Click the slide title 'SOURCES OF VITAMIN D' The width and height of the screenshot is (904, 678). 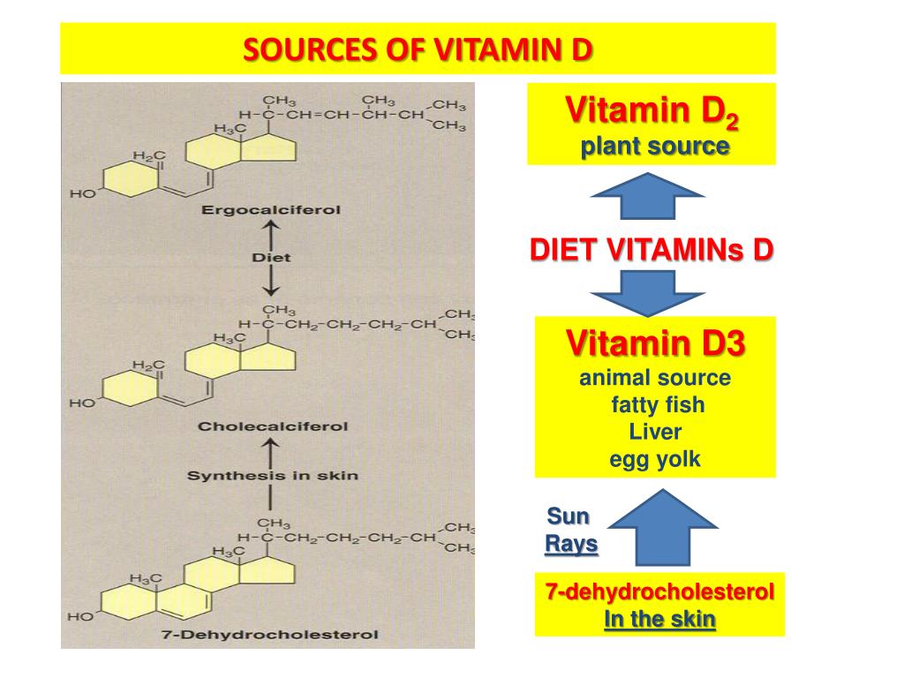pos(418,50)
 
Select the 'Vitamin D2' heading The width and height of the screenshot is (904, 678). pos(652,113)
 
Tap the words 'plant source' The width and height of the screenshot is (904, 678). pos(654,146)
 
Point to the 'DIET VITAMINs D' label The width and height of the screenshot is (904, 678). pos(652,251)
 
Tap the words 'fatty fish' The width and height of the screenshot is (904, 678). pos(658,406)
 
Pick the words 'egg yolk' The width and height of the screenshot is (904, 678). pos(655,459)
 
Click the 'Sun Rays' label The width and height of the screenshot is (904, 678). pos(570,530)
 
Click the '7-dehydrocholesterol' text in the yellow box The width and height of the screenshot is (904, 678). pos(659,591)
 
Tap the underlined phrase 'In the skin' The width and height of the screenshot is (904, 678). pos(659,619)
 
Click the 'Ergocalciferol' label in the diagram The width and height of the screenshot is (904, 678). pos(271,210)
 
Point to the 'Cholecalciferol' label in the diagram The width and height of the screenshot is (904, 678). pos(273,426)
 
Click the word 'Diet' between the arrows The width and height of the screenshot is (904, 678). pos(271,258)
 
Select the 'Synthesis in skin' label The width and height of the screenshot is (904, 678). pos(273,476)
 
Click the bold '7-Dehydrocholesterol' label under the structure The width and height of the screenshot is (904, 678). pos(270,634)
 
